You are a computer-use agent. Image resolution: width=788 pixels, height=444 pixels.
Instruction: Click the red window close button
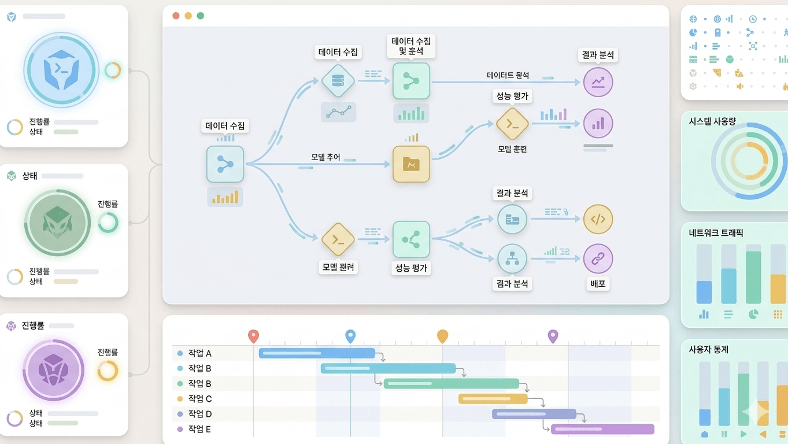coord(176,16)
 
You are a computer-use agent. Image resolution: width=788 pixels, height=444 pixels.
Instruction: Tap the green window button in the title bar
coord(201,16)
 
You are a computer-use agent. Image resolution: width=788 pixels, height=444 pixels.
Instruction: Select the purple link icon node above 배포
coord(598,258)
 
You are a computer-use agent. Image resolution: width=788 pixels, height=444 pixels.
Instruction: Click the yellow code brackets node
coord(598,219)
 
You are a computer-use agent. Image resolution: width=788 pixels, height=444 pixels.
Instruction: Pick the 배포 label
coord(598,284)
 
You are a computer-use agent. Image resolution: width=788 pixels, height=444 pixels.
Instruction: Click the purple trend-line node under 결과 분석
coord(598,82)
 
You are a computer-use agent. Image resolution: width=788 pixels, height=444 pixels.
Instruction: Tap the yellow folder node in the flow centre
coord(411,164)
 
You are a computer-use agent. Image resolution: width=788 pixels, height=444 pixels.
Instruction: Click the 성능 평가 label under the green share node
coord(411,268)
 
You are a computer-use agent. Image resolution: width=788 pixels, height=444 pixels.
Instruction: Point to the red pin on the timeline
coord(253,335)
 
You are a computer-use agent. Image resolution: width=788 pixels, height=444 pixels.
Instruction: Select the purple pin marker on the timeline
coord(553,335)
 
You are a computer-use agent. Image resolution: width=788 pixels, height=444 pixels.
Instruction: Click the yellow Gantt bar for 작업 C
coord(493,399)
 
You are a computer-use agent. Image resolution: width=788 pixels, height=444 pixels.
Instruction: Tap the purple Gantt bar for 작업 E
coord(602,429)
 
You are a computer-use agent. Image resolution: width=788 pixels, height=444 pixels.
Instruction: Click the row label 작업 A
coord(199,353)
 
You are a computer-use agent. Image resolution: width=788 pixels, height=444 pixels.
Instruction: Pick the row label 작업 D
coord(199,414)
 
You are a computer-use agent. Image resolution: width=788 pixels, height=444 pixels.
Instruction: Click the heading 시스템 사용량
coord(712,121)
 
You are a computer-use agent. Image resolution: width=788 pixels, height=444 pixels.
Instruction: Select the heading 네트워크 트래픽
coord(716,233)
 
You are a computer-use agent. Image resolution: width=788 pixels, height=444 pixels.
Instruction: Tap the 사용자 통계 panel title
coord(708,349)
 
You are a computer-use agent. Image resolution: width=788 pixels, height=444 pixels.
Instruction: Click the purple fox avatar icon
coord(53,370)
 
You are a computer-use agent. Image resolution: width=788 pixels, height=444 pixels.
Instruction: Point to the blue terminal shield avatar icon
coord(61,69)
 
